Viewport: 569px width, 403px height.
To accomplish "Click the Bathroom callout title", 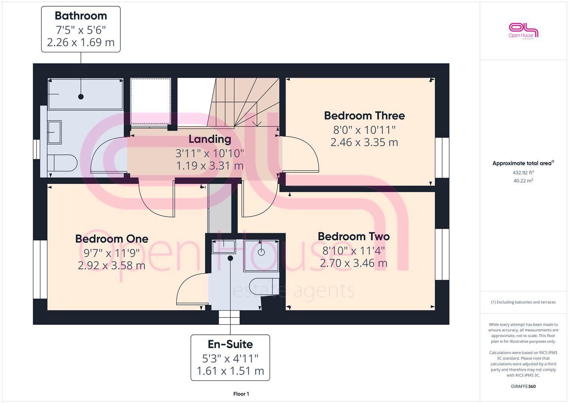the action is pos(81,16).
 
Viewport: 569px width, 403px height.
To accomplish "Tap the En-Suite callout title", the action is pos(230,344).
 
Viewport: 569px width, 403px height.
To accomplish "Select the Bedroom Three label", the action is pos(364,116).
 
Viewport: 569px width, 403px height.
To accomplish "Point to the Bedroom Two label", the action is pos(354,237).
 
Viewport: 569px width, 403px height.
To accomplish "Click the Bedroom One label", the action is pos(112,239).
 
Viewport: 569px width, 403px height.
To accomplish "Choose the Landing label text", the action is pos(210,139).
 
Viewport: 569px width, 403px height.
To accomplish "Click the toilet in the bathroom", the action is pos(63,163).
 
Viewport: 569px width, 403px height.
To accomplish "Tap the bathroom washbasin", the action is pos(54,132).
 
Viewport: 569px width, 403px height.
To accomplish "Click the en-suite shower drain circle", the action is pos(261,252).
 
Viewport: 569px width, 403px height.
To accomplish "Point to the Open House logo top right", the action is pos(523,31).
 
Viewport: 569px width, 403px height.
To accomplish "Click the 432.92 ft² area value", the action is pos(523,172).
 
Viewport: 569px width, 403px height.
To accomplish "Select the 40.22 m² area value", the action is pos(523,181).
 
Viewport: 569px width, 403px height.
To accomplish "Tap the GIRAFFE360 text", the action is pos(523,386).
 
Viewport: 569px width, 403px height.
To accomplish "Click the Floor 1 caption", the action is pos(241,394).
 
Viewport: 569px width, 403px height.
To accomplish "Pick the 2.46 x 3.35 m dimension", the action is pos(364,142).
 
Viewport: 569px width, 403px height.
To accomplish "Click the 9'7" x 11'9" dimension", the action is pos(111,253).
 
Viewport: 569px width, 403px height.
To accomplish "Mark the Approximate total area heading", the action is pos(523,163).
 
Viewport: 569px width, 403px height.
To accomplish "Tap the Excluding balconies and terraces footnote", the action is pos(523,302).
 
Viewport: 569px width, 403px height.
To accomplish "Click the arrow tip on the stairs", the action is pos(257,126).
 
